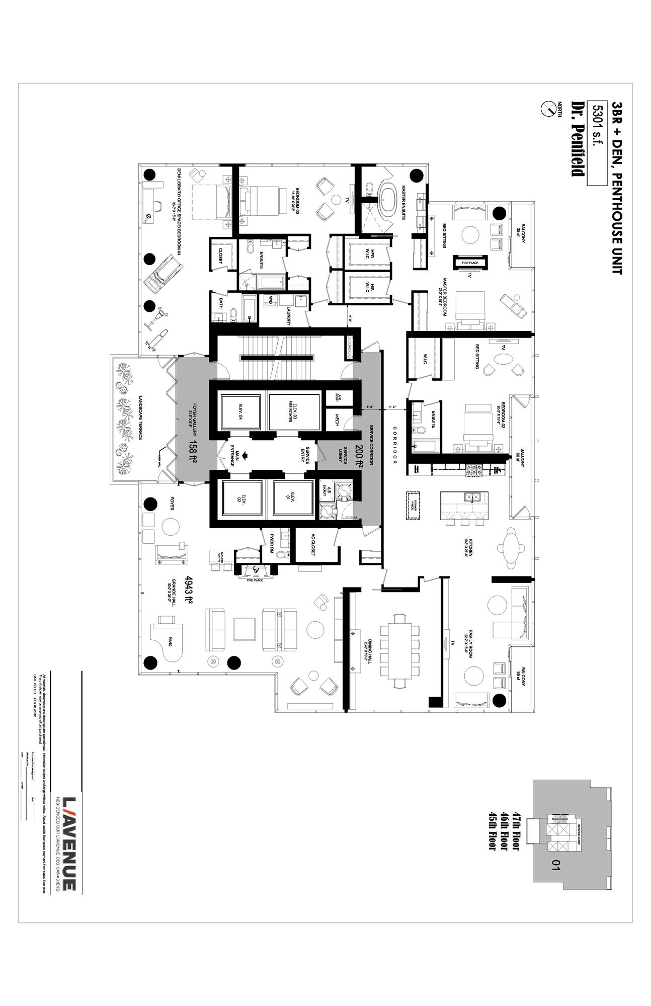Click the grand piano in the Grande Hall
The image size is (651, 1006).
(x=166, y=641)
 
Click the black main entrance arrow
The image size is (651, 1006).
(x=246, y=456)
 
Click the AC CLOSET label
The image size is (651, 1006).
(x=312, y=545)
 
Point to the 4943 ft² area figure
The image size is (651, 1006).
(x=189, y=590)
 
